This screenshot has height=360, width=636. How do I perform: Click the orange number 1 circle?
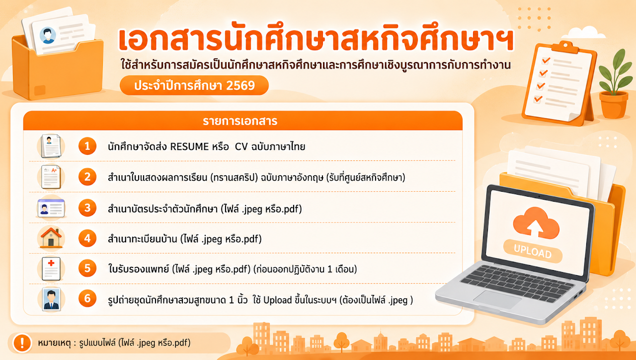point(87,146)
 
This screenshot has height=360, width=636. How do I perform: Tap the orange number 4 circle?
point(87,238)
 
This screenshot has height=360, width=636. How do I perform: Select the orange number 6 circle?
point(87,298)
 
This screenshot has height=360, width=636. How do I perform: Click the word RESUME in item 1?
point(189,146)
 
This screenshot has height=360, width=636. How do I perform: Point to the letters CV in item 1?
point(241,146)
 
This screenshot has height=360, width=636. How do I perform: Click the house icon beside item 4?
point(51,238)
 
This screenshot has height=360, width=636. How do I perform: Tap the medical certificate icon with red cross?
point(51,269)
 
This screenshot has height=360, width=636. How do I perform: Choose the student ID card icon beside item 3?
point(51,208)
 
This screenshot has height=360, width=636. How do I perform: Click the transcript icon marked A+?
point(51,177)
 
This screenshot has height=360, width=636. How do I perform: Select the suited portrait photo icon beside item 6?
point(51,299)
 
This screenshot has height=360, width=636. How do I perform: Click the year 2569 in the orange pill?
point(240,85)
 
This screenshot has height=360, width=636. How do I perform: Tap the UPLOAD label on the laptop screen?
point(533,251)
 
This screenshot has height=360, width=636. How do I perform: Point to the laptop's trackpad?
point(496,299)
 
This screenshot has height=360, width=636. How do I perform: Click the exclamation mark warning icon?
point(22,343)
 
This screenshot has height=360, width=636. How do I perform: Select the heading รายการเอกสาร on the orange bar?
point(240,121)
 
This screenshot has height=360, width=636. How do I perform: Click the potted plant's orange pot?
point(613,105)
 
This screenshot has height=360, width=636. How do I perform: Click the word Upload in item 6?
point(277,300)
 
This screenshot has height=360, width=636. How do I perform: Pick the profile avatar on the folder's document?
point(48,35)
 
